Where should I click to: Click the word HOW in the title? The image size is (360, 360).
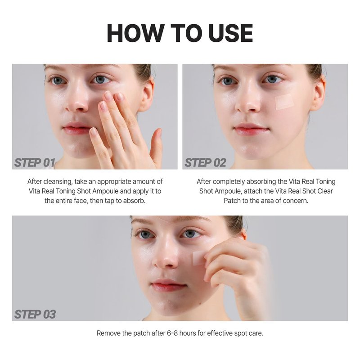click(136, 33)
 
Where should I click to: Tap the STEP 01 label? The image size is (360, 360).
click(35, 163)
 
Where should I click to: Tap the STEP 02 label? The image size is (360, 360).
click(205, 163)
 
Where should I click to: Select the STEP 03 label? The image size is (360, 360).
click(35, 314)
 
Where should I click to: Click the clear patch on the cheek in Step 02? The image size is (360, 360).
click(284, 102)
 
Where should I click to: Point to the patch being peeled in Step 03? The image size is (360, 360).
click(199, 258)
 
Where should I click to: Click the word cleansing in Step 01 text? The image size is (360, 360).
click(58, 182)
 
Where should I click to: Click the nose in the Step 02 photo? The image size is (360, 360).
click(246, 104)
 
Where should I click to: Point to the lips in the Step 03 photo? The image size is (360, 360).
click(168, 285)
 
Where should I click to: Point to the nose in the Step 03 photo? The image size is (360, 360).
click(165, 257)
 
